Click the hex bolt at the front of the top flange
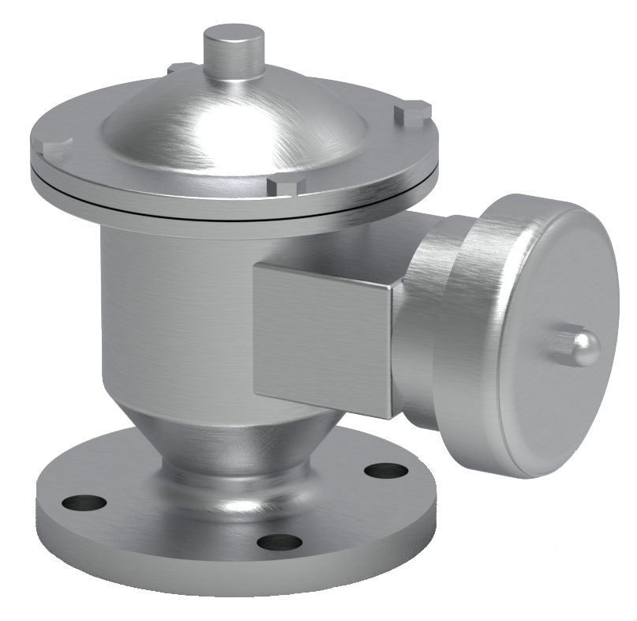(x=286, y=186)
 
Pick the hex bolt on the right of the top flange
(x=413, y=113)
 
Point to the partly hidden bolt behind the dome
(x=180, y=69)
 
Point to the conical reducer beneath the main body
(x=237, y=438)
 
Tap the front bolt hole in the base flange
(x=279, y=542)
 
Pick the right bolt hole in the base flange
(x=386, y=471)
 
